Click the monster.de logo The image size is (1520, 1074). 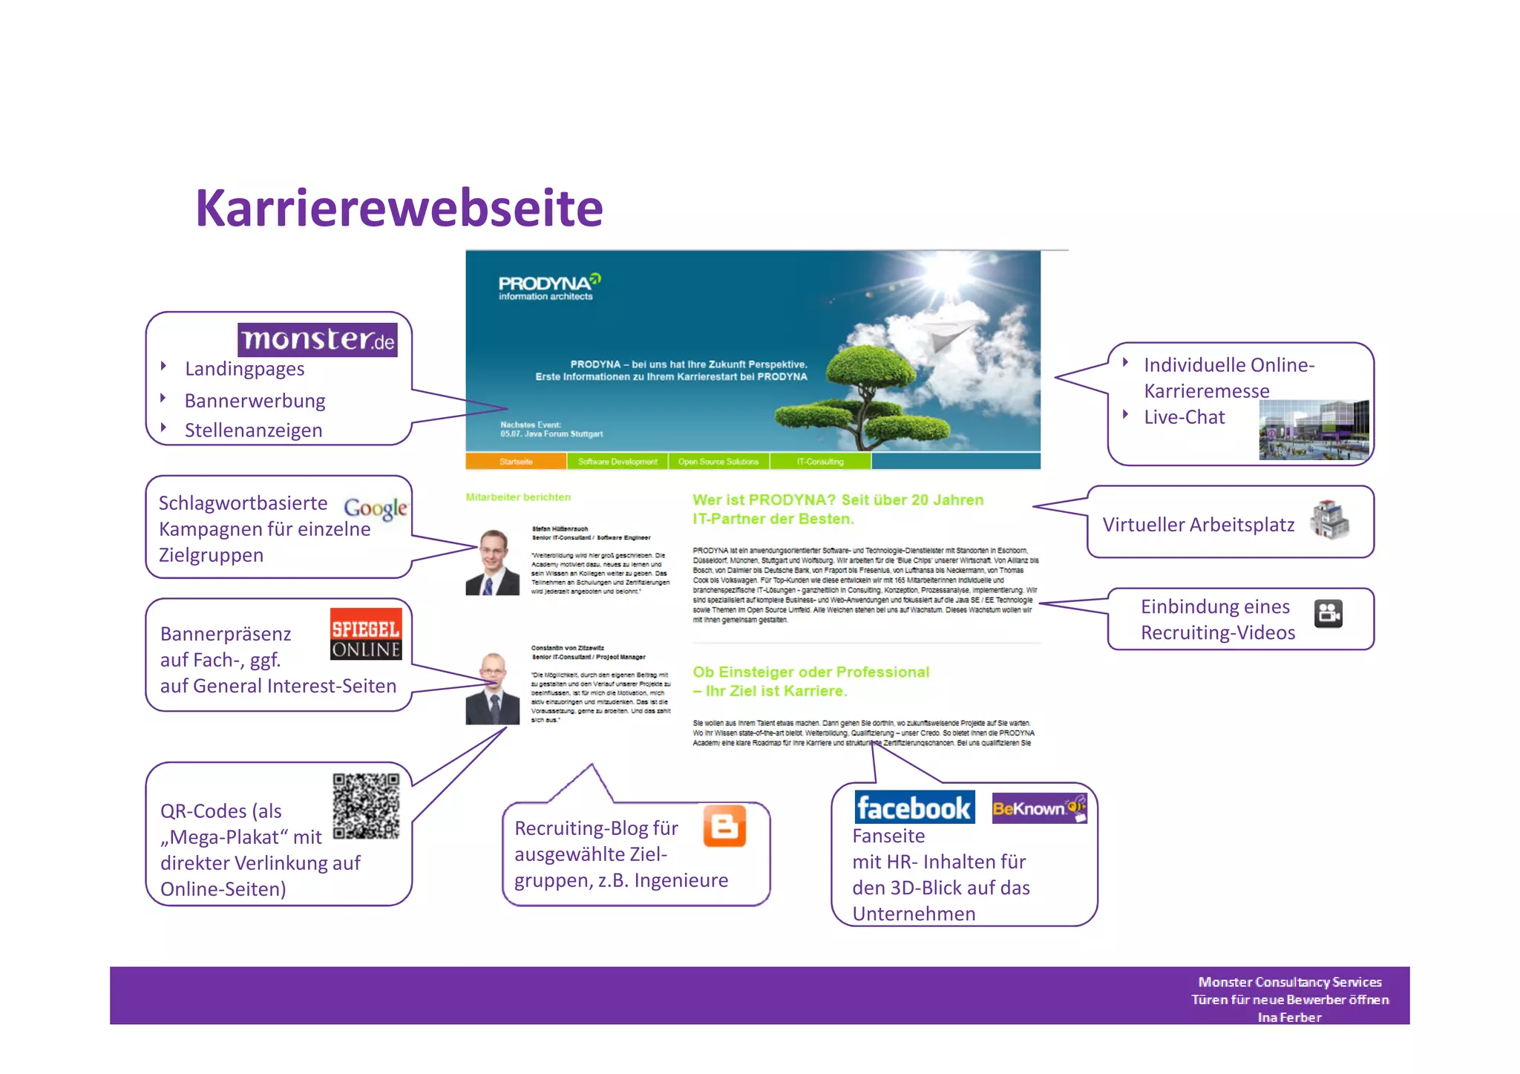coord(317,340)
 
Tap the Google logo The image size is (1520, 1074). coord(376,508)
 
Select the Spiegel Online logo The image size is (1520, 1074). coord(366,635)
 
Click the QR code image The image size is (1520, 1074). coord(366,806)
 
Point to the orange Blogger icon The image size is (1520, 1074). coord(724,826)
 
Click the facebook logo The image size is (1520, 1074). coord(914,808)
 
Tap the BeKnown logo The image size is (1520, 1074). coord(1039,808)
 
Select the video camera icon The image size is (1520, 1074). coord(1328,614)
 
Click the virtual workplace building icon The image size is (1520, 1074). coord(1329,520)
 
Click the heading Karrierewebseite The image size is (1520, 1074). coord(399,209)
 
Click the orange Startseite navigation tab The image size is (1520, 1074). coord(516,462)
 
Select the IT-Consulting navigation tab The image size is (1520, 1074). coord(820,462)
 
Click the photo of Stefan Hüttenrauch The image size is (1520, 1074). coord(492,563)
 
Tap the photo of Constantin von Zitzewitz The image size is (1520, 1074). coord(492,690)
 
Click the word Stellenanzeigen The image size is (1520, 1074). coord(253,430)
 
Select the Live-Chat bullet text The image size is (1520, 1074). coord(1184,417)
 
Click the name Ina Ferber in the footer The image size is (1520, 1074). coord(1289,1018)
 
